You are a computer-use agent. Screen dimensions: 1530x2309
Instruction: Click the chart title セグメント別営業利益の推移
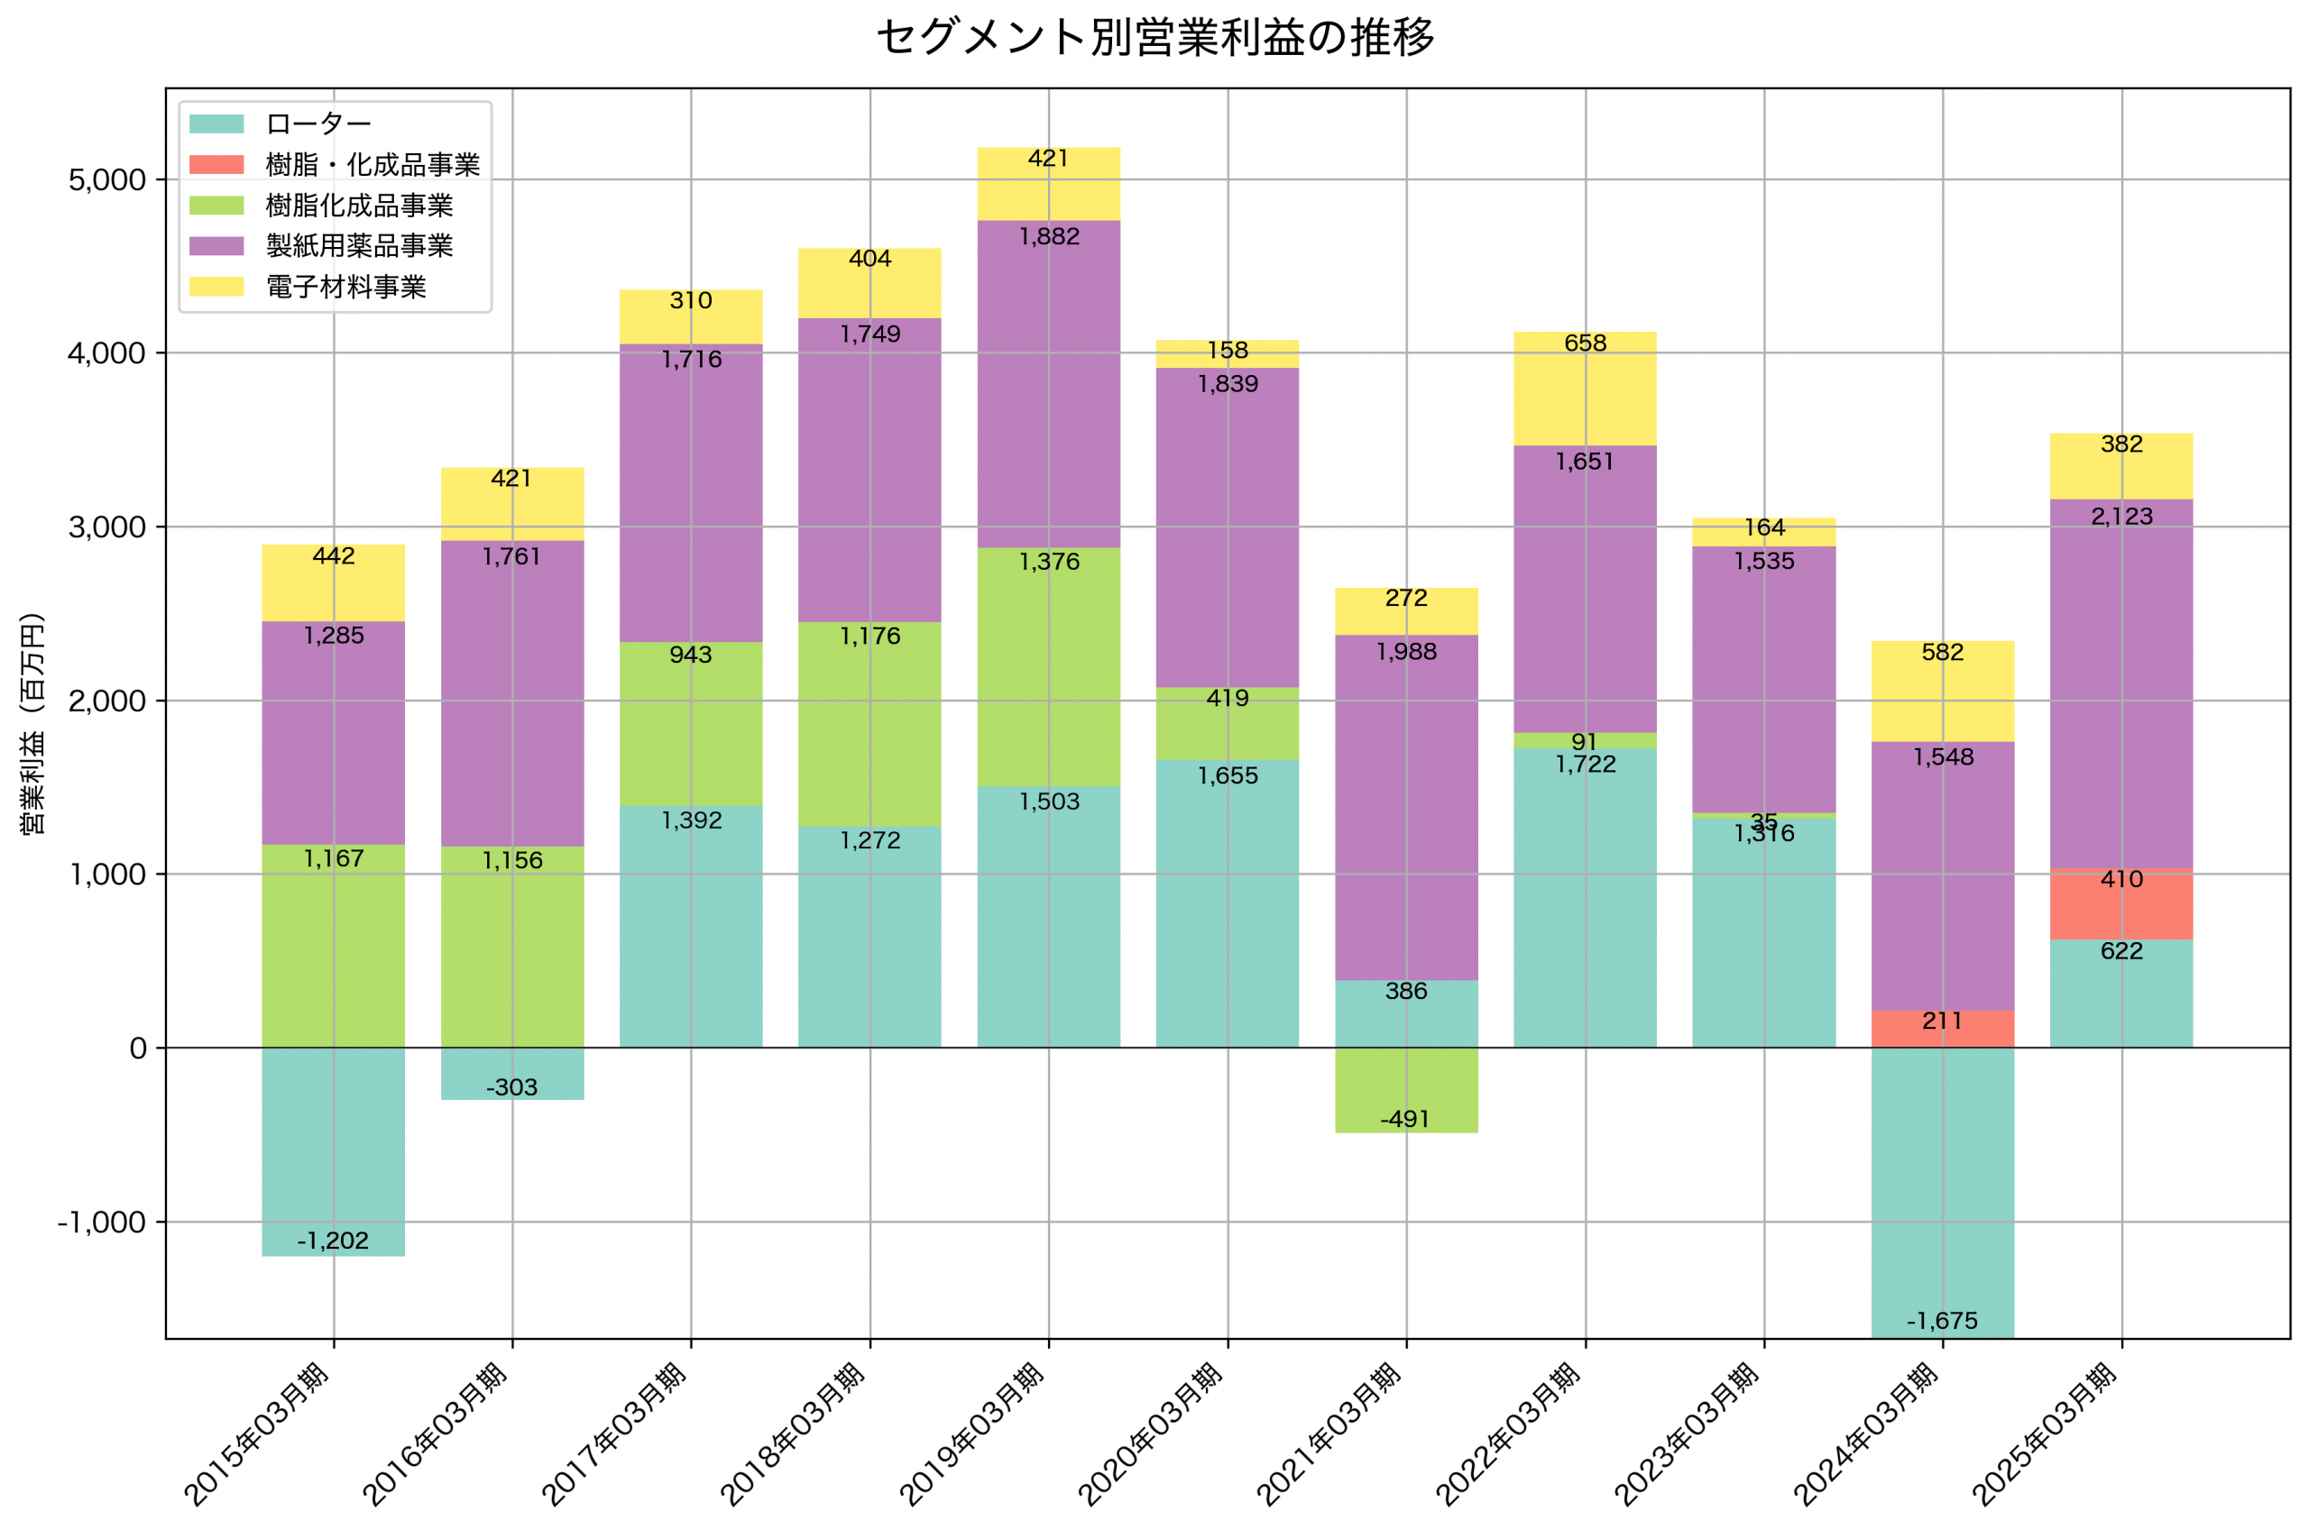click(1154, 38)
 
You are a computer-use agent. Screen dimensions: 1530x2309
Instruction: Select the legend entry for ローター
click(318, 124)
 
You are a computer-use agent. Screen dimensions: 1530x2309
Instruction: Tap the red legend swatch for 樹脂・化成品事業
click(216, 164)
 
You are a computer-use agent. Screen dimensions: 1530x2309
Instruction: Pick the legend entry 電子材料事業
click(345, 287)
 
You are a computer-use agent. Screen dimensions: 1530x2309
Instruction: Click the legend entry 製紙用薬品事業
click(359, 246)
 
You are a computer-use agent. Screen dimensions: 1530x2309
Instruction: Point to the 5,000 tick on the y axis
click(107, 180)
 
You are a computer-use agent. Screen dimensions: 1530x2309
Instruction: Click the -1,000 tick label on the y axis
click(102, 1223)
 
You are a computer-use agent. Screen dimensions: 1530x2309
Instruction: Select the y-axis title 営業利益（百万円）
click(33, 723)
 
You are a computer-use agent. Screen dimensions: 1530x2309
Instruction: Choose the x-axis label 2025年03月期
click(2046, 1434)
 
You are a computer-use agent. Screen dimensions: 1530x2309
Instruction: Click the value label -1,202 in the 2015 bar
click(333, 1241)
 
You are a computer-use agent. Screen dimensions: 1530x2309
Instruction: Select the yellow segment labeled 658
click(1585, 390)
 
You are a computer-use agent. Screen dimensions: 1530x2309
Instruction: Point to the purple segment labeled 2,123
click(2120, 683)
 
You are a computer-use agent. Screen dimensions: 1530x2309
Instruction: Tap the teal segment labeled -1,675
click(1942, 1190)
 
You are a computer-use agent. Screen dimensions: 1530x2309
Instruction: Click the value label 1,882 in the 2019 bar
click(1049, 237)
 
